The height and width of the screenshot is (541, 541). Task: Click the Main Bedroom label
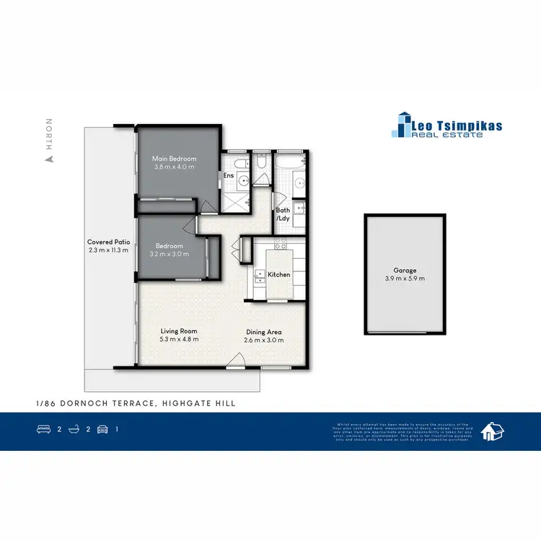point(174,159)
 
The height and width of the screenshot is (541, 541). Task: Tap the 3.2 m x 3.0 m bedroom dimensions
point(167,255)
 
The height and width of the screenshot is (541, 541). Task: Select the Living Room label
point(178,331)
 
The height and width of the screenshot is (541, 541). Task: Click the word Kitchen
point(278,275)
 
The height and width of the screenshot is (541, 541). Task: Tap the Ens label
point(229,175)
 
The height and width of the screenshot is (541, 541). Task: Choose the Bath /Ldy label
point(283,215)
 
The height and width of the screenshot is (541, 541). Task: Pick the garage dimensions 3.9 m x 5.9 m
point(404,278)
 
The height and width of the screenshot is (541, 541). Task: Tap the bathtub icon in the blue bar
point(74,429)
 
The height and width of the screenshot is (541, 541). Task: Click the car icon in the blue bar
point(103,429)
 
